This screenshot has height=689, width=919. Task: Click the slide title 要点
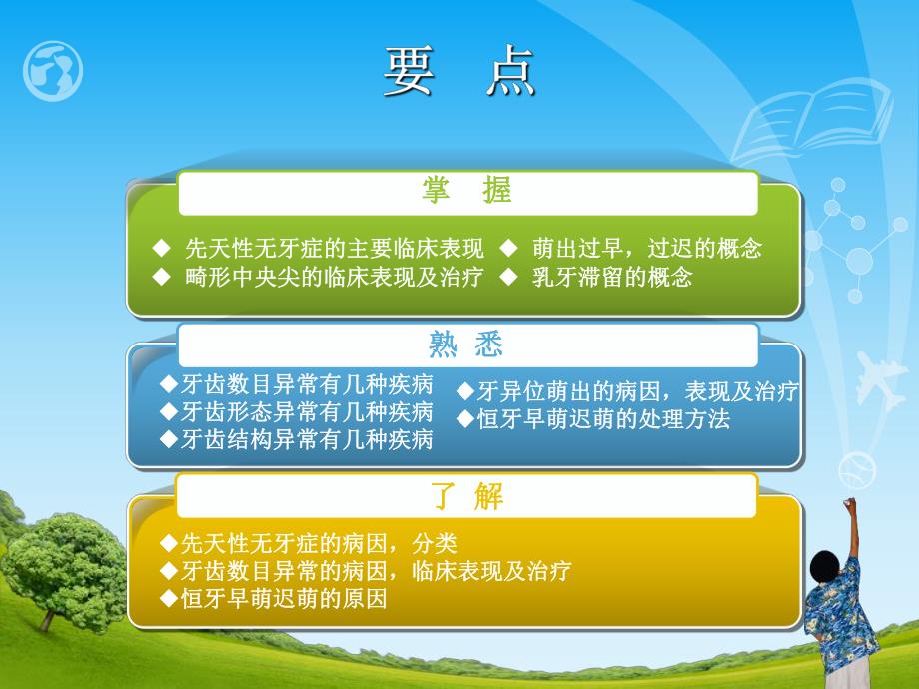tap(459, 75)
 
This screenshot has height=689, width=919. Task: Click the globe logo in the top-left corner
tap(52, 70)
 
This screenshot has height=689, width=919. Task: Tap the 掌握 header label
tap(466, 192)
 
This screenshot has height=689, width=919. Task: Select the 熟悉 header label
tap(466, 345)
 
